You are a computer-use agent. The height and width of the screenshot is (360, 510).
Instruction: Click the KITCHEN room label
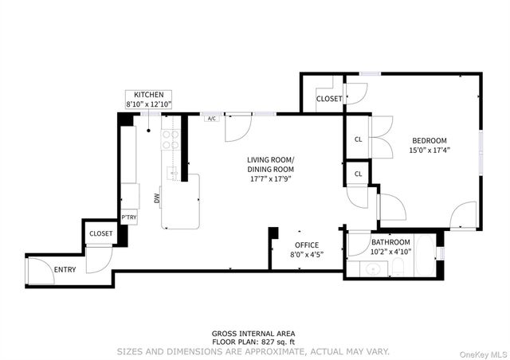[x=149, y=95]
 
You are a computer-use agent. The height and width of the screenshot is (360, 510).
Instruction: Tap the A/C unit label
[x=212, y=119]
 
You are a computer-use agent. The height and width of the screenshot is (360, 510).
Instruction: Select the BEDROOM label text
[x=430, y=140]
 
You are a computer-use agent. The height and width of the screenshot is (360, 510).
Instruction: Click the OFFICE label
[x=307, y=245]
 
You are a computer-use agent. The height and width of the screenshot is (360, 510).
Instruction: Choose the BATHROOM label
[x=390, y=242]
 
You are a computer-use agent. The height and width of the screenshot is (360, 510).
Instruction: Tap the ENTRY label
[x=65, y=269]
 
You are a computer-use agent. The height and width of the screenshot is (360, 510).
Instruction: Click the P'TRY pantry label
[x=129, y=217]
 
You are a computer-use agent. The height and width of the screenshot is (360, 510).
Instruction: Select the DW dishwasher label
[x=157, y=198]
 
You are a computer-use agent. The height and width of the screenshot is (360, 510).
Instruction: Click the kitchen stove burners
[x=171, y=139]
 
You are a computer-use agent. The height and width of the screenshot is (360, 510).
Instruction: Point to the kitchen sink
[x=171, y=173]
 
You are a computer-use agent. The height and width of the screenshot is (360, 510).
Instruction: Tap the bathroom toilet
[x=398, y=267]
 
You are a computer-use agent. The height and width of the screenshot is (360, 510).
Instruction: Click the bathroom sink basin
[x=373, y=269]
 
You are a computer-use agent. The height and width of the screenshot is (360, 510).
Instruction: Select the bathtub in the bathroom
[x=425, y=256]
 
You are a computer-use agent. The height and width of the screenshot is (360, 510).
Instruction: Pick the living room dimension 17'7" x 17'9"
[x=270, y=179]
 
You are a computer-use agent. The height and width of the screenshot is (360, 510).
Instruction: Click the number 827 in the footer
[x=267, y=342]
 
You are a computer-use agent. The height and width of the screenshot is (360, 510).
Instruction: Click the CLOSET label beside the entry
[x=101, y=233]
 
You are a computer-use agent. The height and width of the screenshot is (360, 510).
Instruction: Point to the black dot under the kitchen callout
[x=149, y=131]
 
